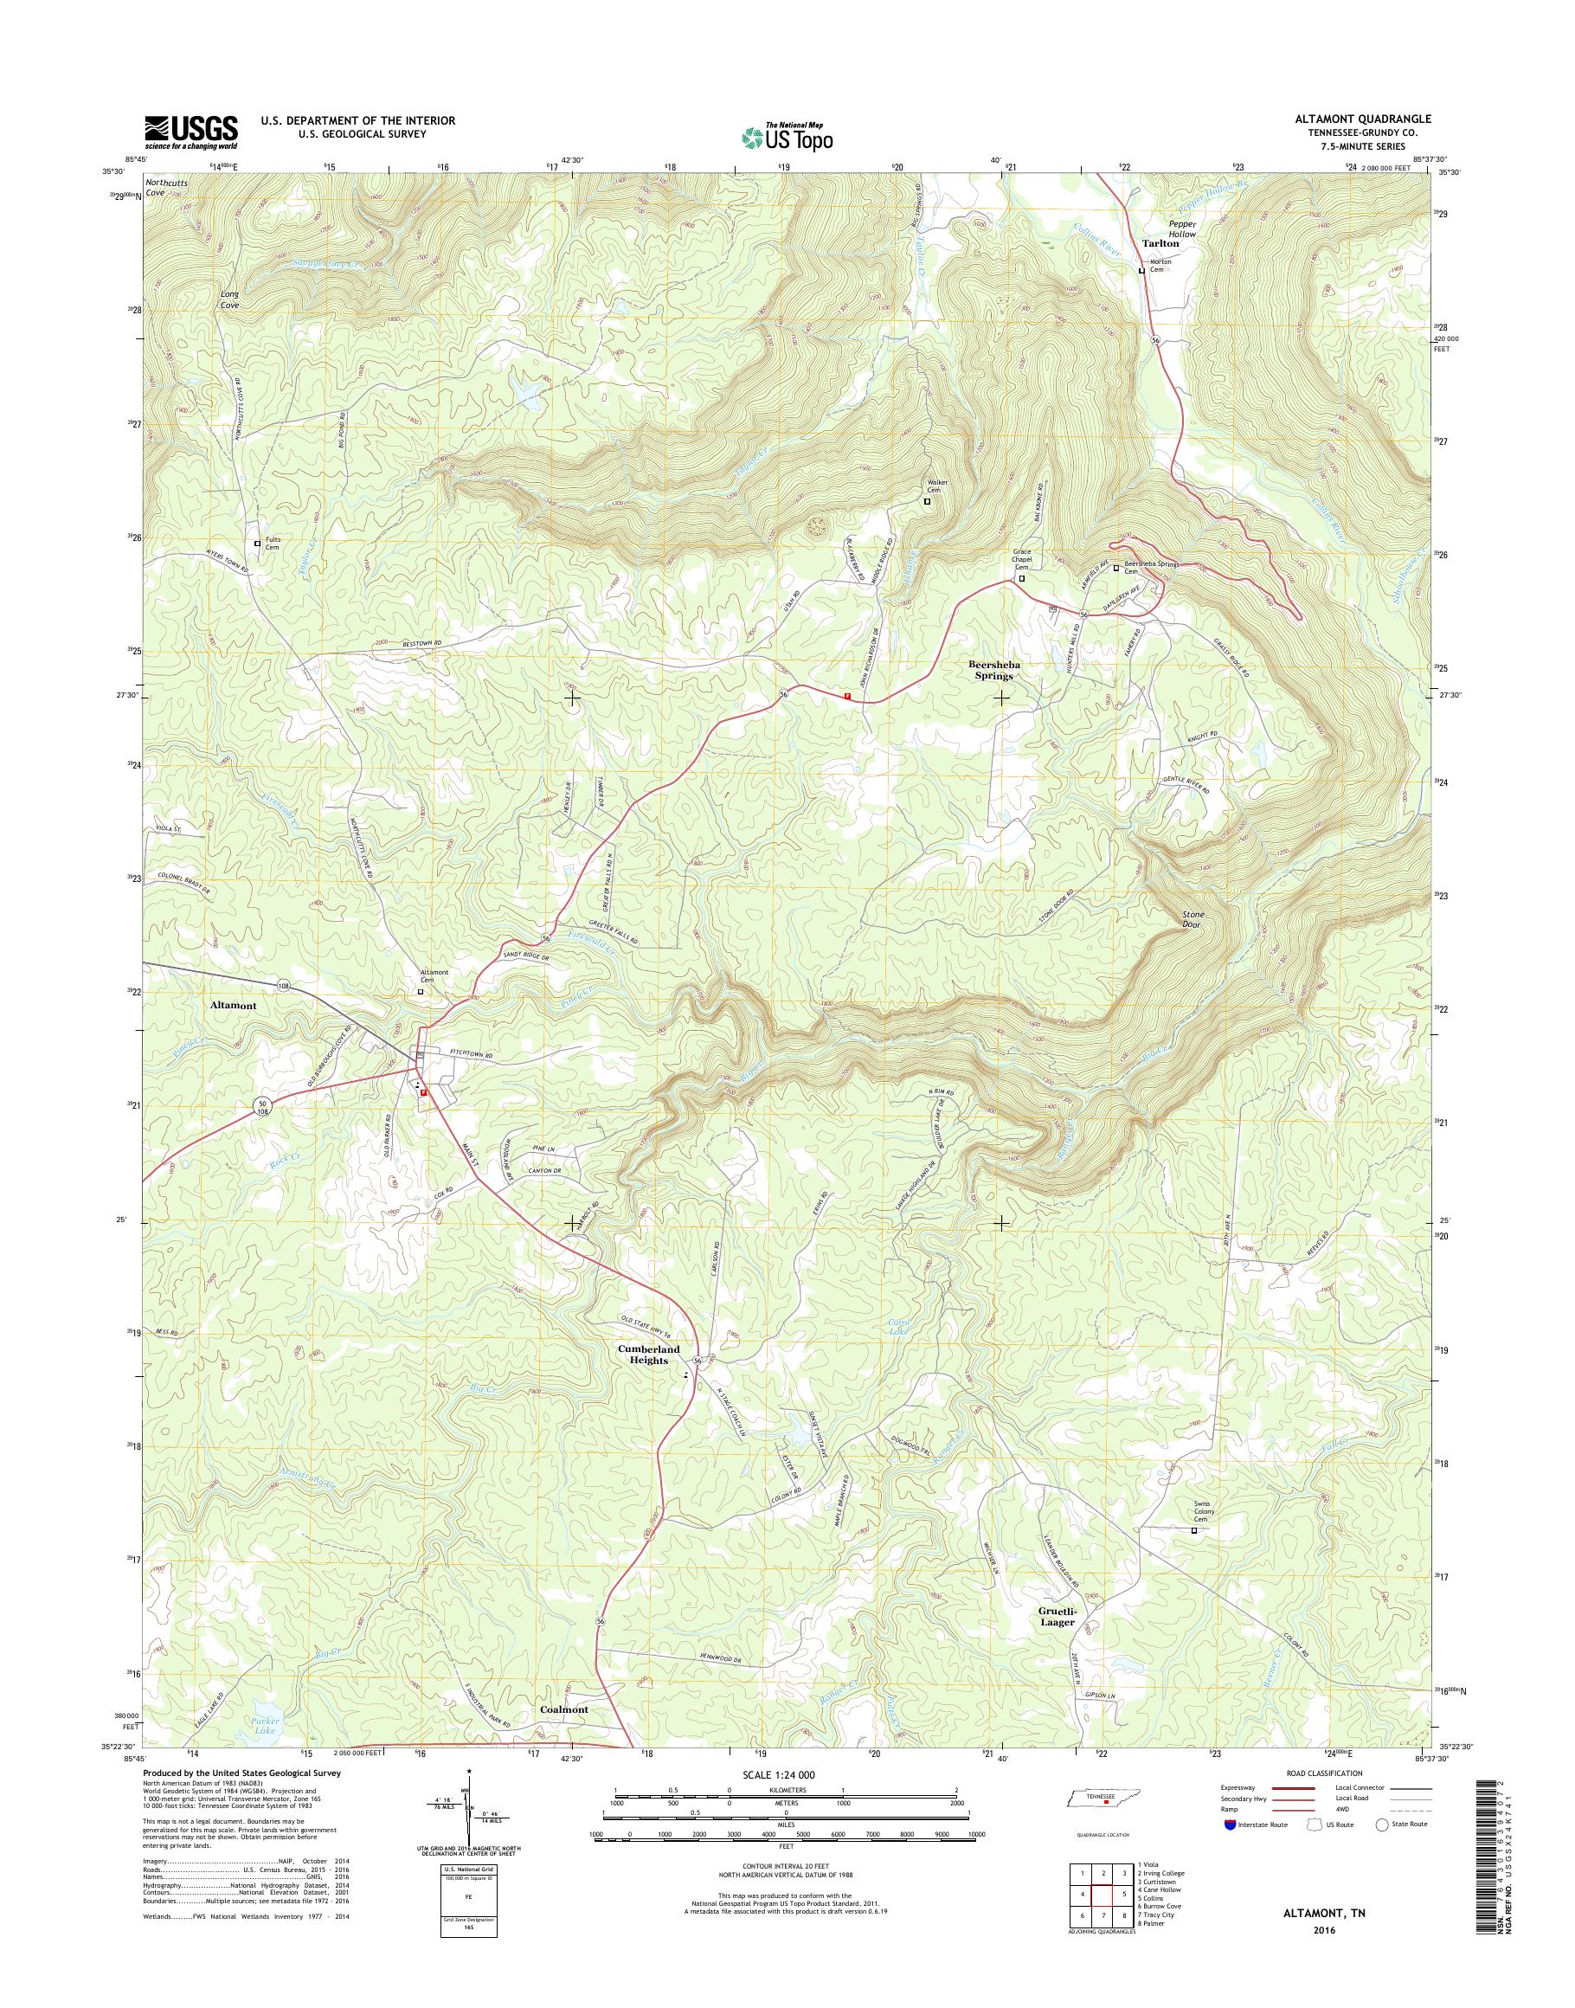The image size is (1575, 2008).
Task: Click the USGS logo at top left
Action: point(191,132)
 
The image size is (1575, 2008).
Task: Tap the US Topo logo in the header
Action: point(787,137)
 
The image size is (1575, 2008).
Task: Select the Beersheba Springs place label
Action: point(990,670)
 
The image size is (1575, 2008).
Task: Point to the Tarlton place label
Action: point(1161,243)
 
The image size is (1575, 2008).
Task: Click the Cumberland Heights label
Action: point(648,1354)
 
